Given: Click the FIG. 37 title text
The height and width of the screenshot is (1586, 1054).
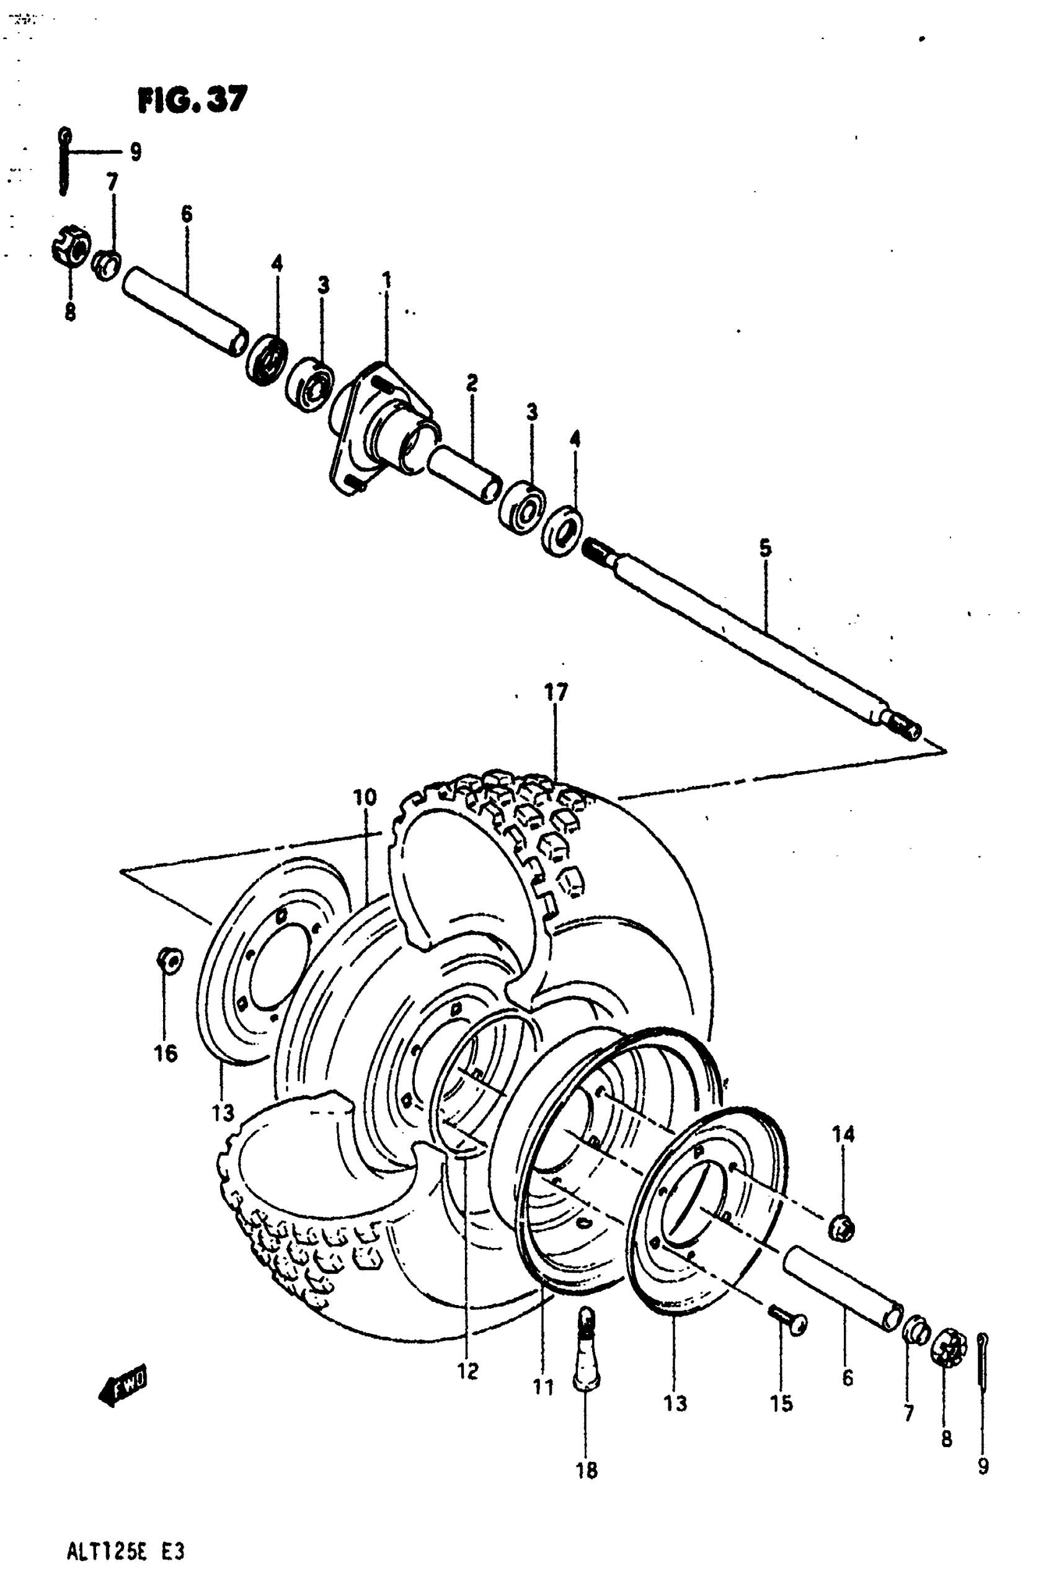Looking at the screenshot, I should (192, 99).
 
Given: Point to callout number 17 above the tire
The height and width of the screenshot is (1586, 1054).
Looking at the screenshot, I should (556, 692).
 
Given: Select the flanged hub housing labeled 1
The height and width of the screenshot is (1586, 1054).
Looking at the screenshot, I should (380, 427).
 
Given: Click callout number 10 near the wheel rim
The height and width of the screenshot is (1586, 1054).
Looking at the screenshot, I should (365, 798).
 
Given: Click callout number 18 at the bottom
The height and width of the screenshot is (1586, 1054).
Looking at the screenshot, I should (586, 1471).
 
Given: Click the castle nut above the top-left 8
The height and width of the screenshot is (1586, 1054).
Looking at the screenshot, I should (71, 249).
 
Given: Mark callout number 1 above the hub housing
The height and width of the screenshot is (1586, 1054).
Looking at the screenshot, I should (386, 279).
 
